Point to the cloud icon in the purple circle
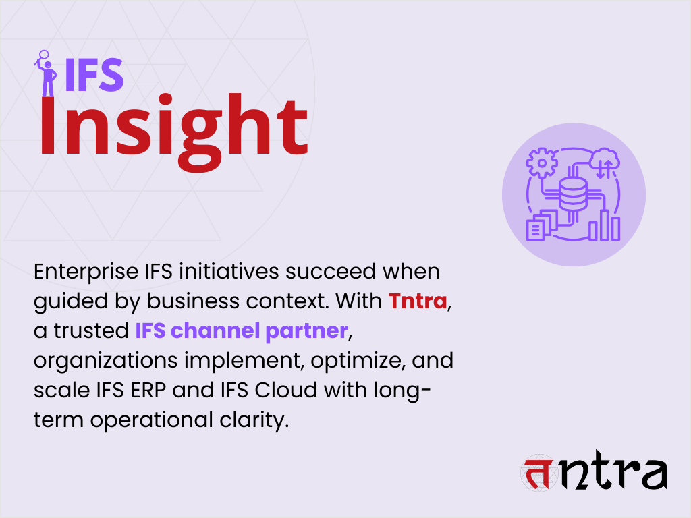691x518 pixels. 603,163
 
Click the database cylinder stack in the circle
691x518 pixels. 573,196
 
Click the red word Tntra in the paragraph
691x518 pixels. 418,301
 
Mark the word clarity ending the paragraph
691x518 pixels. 256,420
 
